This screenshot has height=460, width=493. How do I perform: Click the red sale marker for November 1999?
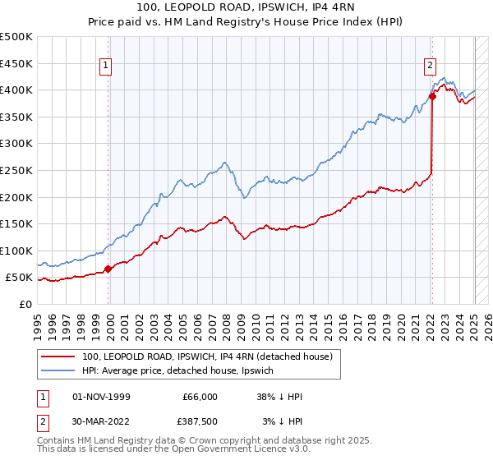(x=108, y=269)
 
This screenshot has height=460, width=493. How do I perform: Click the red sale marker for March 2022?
(x=432, y=96)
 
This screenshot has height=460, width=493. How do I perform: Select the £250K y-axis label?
(x=17, y=170)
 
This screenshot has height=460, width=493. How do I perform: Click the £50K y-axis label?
(x=21, y=278)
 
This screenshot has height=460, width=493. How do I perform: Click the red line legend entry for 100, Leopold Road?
(x=206, y=356)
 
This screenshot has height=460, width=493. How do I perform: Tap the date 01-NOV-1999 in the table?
(x=101, y=397)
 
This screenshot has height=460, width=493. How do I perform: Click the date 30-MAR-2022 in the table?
(x=101, y=421)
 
